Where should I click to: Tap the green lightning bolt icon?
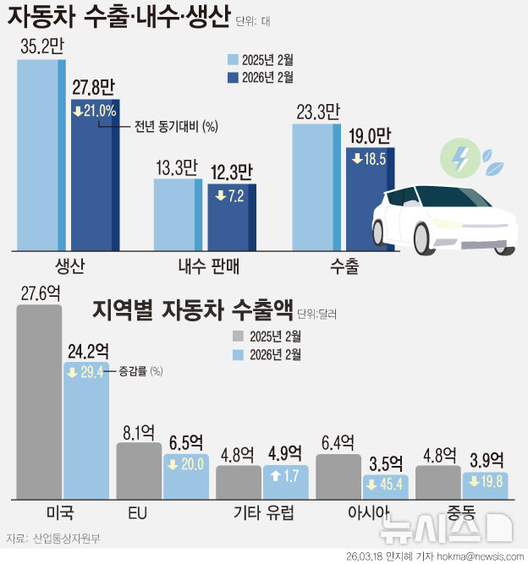(x=459, y=157)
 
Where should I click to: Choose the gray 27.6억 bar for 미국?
(x=39, y=401)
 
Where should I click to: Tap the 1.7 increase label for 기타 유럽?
(x=285, y=475)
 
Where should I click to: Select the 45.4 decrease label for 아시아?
(x=385, y=485)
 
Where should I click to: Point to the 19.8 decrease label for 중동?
(x=485, y=482)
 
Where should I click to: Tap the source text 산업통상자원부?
(x=64, y=539)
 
